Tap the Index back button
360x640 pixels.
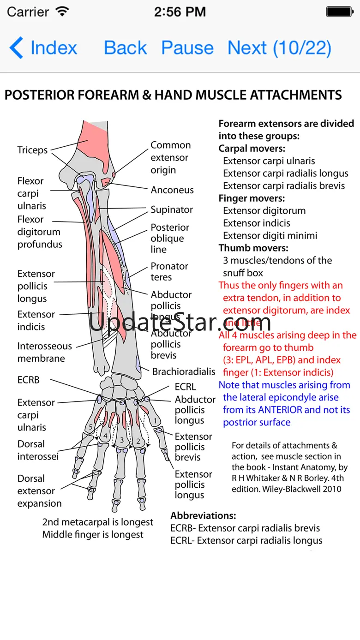[x=43, y=48]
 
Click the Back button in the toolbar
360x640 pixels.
[x=125, y=48]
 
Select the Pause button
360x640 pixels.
[x=187, y=48]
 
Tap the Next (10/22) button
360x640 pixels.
[x=279, y=48]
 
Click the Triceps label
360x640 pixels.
[x=32, y=150]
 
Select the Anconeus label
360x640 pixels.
[x=172, y=190]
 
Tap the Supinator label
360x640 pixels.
[x=172, y=209]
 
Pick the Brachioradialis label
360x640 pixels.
[x=184, y=371]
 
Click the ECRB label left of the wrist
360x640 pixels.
[x=29, y=380]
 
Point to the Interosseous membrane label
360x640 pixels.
[x=44, y=352]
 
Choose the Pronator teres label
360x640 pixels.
[x=169, y=272]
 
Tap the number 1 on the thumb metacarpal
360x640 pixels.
[x=156, y=420]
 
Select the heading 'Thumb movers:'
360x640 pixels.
[x=253, y=248]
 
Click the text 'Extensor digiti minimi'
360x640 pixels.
[x=270, y=236]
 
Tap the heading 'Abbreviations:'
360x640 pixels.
[x=203, y=515]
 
